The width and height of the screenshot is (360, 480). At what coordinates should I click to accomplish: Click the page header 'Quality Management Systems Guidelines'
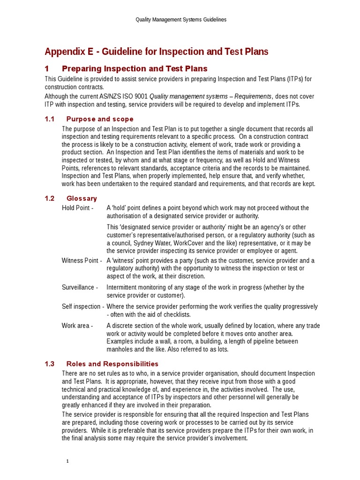coord(180,20)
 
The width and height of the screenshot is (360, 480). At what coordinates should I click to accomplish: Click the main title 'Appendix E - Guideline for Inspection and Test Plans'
coord(156,52)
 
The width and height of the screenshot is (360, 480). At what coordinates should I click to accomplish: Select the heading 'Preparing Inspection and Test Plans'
coord(135,69)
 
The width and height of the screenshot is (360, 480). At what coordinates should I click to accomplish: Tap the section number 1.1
coord(50,119)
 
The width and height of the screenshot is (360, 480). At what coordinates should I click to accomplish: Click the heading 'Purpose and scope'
coord(100,119)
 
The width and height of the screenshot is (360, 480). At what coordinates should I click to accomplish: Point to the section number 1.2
coord(50,198)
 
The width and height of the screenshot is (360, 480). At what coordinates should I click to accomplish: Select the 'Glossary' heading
coord(82,198)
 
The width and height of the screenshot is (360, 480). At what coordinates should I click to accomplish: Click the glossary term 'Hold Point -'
coord(78,208)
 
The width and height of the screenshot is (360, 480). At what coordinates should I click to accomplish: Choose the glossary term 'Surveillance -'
coord(80,287)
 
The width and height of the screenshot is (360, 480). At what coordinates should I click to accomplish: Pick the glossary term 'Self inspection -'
coord(83,307)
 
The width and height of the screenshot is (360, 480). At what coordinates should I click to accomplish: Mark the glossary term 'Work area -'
coord(77,326)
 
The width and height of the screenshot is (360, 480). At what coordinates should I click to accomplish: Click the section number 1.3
coord(50,364)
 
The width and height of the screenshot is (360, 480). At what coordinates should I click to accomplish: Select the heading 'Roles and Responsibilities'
coord(112,364)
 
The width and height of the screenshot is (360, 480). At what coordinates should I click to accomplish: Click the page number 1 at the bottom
coord(67,461)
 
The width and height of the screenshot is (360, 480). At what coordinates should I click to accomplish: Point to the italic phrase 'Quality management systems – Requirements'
coord(210,96)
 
